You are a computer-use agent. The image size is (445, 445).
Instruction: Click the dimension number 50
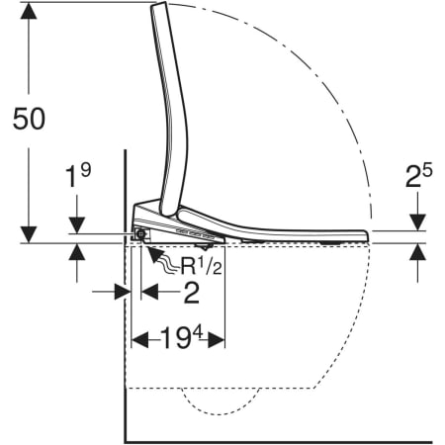tap(29, 119)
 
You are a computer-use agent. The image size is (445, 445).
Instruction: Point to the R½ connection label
tap(201, 265)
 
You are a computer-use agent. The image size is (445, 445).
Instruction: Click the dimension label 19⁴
tap(181, 338)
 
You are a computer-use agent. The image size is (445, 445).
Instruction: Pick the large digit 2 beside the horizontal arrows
tap(191, 293)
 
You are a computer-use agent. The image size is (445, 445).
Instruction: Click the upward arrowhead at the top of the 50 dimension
tap(29, 11)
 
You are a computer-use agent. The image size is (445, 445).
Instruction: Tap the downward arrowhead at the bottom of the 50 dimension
tap(29, 234)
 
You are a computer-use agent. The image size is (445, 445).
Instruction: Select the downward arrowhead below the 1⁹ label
tap(77, 225)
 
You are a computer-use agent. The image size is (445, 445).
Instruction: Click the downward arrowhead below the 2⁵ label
tap(417, 222)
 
